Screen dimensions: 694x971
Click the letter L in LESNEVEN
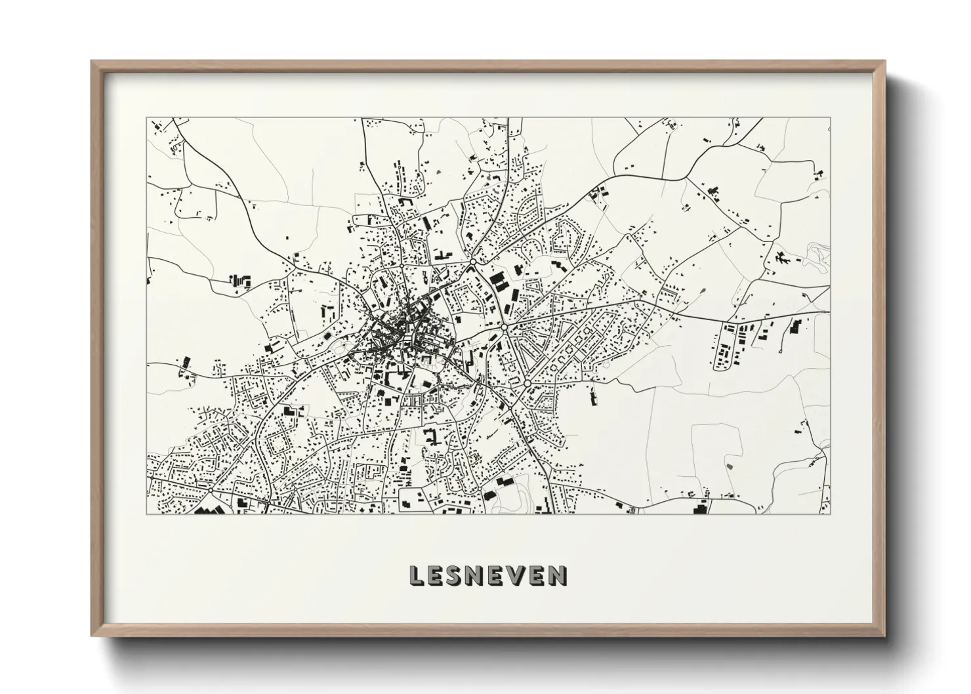[x=416, y=576]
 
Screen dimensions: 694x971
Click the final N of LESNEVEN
[x=559, y=576]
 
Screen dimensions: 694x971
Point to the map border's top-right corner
[x=831, y=119]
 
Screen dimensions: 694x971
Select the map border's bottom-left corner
[x=146, y=514]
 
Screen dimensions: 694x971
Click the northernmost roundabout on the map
[x=472, y=262]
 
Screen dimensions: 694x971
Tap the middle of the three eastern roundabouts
[x=504, y=326]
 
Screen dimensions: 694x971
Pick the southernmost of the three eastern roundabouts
[x=526, y=382]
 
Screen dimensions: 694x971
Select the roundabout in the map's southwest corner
[x=210, y=489]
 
